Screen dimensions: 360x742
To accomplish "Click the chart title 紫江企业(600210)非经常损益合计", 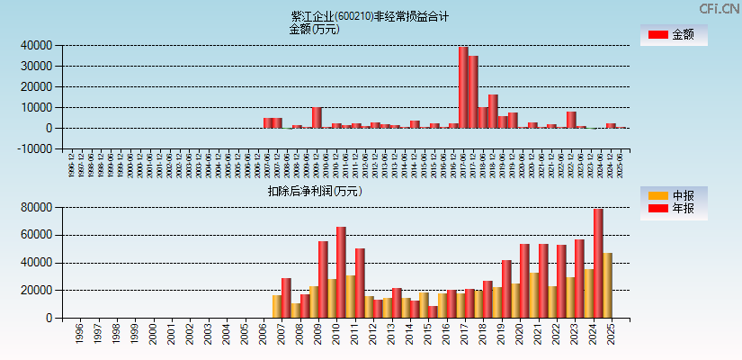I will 370,16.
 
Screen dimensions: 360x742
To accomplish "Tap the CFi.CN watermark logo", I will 720,8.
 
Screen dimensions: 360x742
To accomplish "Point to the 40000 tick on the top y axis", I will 36,45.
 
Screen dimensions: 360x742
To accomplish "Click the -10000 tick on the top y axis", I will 33,149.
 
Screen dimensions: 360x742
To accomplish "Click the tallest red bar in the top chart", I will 463,87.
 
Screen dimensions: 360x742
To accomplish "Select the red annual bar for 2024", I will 598,263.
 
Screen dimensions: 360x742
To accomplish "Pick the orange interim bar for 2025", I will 607,285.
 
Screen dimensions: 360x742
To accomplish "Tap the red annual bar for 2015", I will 433,311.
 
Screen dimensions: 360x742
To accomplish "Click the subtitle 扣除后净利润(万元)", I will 315,191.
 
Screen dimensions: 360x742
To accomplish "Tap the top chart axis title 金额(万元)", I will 314,29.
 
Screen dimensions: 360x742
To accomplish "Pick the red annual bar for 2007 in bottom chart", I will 286,298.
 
